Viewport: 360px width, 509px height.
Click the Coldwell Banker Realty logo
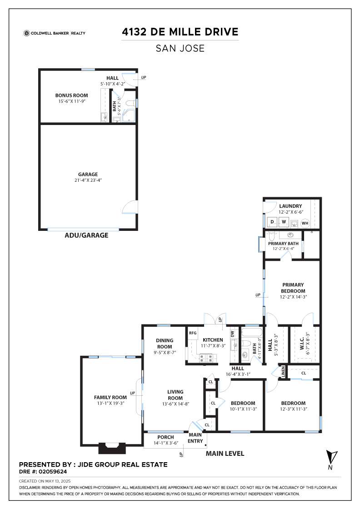coord(55,33)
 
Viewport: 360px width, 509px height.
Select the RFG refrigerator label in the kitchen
coord(193,333)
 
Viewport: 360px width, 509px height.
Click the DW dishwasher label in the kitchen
coord(232,334)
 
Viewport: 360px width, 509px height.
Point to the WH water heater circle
coord(305,223)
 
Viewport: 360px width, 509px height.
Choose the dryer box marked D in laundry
coord(272,222)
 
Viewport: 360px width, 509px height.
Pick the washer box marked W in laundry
coord(284,222)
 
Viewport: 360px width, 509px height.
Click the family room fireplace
coord(112,448)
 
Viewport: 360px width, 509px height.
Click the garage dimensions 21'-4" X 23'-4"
coord(88,180)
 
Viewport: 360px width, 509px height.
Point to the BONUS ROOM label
coord(71,95)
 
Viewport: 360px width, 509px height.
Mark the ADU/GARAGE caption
coord(87,235)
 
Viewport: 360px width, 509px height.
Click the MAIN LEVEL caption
coord(225,454)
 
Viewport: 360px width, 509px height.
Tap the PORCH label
coord(165,437)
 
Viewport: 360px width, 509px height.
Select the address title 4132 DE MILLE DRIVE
coord(180,32)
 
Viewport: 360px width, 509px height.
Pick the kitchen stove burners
coord(207,358)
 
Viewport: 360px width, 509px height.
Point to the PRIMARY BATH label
coord(283,244)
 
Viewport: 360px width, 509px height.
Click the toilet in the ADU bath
coord(130,104)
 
